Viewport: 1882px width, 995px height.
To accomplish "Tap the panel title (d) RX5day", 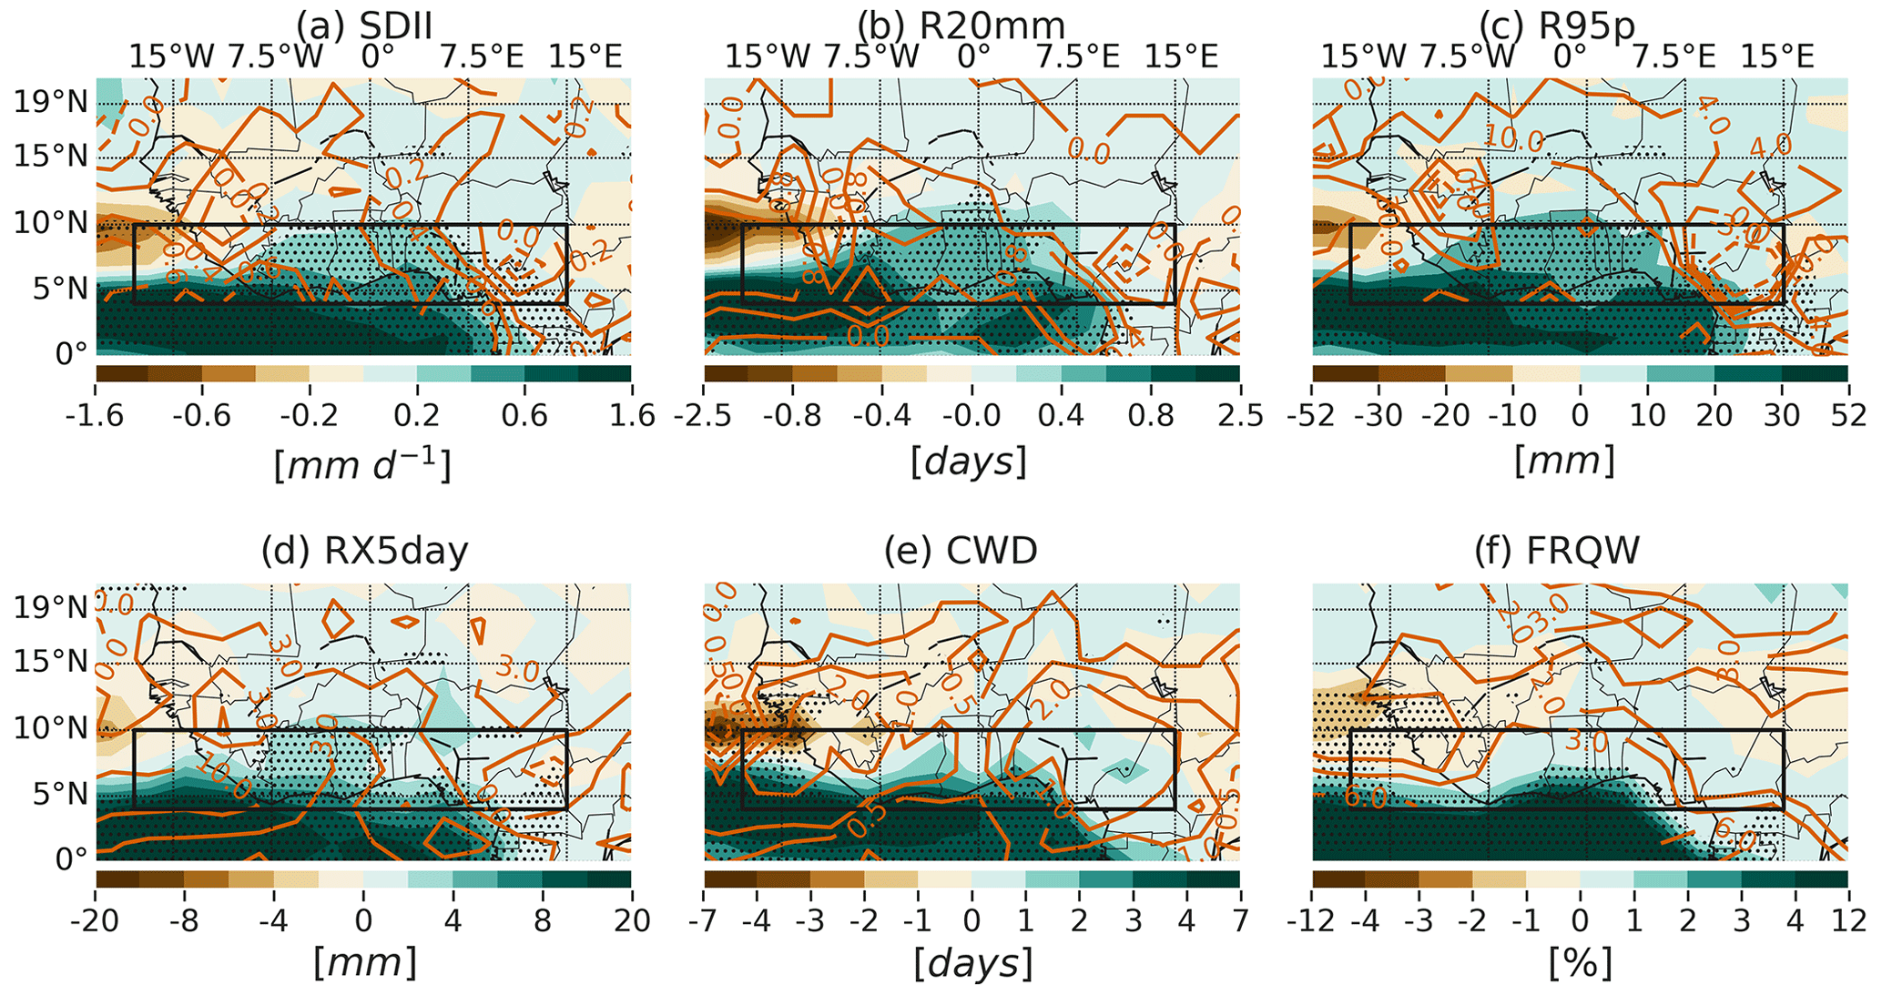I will (364, 551).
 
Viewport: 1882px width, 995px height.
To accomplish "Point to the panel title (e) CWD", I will (972, 551).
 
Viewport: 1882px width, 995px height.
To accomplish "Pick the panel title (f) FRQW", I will (1580, 551).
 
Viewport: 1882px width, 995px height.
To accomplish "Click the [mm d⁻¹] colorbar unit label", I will (362, 464).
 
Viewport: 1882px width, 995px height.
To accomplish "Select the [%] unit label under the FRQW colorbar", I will (1580, 963).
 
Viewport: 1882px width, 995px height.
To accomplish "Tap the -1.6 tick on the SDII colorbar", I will (95, 416).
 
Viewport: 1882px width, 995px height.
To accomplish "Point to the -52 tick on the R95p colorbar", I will (1312, 416).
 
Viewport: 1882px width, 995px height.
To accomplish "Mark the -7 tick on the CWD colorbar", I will (704, 920).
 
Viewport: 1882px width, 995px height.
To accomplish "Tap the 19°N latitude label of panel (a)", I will (51, 102).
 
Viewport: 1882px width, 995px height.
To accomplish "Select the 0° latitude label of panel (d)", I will (71, 858).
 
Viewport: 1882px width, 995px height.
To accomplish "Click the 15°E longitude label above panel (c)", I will (1777, 57).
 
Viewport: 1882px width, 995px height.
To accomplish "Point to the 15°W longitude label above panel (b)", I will (767, 57).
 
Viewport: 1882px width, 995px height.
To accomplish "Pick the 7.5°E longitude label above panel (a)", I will (483, 57).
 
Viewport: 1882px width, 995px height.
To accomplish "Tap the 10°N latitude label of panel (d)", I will (51, 729).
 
